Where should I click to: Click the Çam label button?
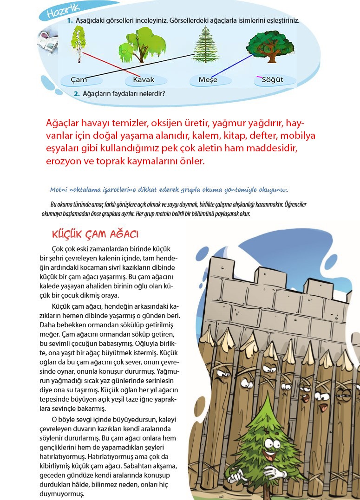pos(79,80)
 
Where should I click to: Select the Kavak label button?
pos(144,80)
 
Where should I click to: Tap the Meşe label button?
pos(208,80)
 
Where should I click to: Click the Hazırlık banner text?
pos(64,10)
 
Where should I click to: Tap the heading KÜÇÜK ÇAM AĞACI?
pos(96,233)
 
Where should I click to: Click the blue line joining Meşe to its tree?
pos(232,65)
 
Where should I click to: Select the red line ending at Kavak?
pos(111,63)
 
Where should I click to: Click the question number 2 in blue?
pos(77,94)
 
